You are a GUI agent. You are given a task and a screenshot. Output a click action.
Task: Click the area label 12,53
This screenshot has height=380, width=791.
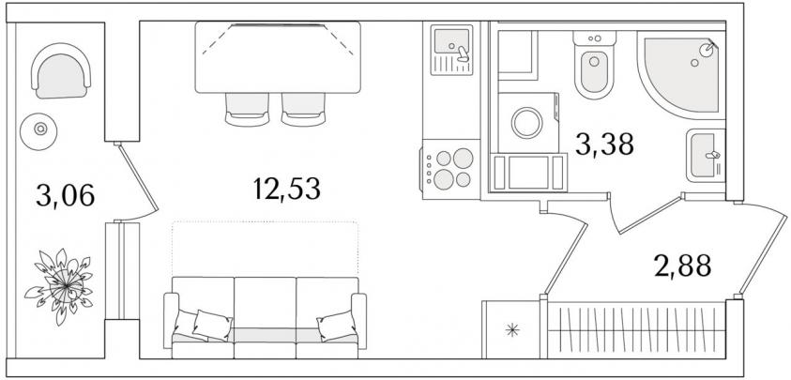[286, 190]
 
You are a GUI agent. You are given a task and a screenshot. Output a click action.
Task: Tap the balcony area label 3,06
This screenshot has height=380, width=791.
[65, 195]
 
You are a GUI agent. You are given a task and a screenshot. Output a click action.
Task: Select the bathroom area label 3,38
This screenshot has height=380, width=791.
[604, 144]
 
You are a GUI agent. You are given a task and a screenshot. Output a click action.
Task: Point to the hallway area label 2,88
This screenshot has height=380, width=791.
[682, 266]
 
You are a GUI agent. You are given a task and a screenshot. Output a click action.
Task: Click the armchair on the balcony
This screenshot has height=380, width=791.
[61, 71]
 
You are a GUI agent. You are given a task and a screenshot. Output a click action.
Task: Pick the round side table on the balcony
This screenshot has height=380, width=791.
[38, 131]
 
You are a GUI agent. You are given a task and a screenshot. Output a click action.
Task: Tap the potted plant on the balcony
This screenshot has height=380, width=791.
[60, 285]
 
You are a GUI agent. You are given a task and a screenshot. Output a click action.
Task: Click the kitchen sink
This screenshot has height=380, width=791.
[451, 50]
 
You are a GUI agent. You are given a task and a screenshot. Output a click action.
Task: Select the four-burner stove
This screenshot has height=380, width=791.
[450, 169]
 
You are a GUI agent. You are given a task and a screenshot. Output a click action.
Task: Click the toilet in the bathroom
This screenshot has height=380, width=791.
[594, 65]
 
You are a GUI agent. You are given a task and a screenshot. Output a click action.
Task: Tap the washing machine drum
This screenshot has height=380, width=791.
[526, 123]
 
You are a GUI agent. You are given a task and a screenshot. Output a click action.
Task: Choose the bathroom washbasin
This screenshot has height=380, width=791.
[706, 155]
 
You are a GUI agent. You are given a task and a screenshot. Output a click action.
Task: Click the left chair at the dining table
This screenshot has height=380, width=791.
[247, 110]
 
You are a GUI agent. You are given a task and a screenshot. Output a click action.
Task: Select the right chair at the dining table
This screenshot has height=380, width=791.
[303, 110]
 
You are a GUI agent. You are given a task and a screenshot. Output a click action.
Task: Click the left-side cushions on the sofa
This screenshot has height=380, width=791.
[203, 325]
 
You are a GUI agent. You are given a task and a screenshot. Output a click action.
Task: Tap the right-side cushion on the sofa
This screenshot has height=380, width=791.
[337, 326]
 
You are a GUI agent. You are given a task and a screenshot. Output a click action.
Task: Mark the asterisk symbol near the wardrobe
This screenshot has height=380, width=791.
[512, 330]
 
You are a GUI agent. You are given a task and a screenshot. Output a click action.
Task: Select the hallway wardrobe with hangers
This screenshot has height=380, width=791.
[637, 329]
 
